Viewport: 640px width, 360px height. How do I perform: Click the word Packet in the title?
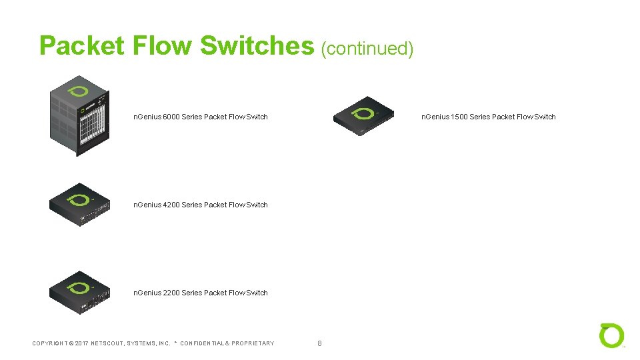[82, 46]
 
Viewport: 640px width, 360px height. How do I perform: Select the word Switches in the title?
[257, 46]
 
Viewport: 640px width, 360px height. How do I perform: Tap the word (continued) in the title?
[367, 48]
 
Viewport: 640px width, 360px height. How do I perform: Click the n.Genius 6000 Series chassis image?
[79, 116]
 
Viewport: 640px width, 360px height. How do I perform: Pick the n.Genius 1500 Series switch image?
[364, 117]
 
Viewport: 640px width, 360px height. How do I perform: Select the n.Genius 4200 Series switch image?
[79, 204]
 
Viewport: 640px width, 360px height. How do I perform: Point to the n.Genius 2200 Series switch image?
[79, 292]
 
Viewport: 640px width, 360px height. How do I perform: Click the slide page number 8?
[319, 343]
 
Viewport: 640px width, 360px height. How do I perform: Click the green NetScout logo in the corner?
[611, 335]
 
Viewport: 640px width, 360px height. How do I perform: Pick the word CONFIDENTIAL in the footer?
[202, 343]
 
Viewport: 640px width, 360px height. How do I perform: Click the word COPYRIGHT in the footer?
[51, 343]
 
